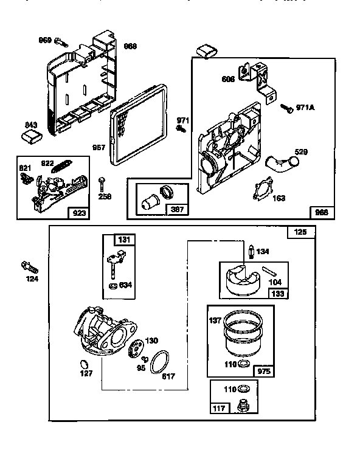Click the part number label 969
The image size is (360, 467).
(x=45, y=40)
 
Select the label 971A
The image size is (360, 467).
(x=305, y=108)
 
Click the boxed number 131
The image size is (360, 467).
(x=124, y=240)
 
